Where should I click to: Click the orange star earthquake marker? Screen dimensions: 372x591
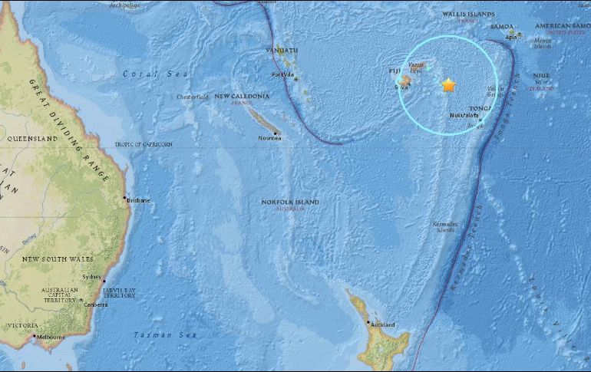click(x=448, y=85)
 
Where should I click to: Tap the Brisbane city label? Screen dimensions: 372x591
click(x=139, y=200)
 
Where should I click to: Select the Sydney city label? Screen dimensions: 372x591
click(x=91, y=276)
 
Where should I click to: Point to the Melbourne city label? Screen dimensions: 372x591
click(x=51, y=337)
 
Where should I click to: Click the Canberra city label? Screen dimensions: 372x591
click(x=96, y=305)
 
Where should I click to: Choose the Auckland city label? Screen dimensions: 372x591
click(x=382, y=325)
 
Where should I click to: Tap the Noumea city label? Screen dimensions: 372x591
click(x=269, y=138)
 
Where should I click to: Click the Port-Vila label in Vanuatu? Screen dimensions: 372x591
click(x=283, y=74)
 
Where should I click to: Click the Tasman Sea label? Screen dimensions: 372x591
click(x=166, y=335)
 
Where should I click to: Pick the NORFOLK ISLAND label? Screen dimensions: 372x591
click(x=289, y=202)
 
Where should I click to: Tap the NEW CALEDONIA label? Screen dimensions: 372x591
click(x=241, y=96)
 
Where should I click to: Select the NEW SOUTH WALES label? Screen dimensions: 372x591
click(x=51, y=258)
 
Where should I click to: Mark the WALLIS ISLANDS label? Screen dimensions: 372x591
click(x=468, y=14)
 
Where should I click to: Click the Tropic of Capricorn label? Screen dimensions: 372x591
click(x=144, y=144)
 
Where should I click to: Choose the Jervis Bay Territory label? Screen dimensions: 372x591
click(x=119, y=291)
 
